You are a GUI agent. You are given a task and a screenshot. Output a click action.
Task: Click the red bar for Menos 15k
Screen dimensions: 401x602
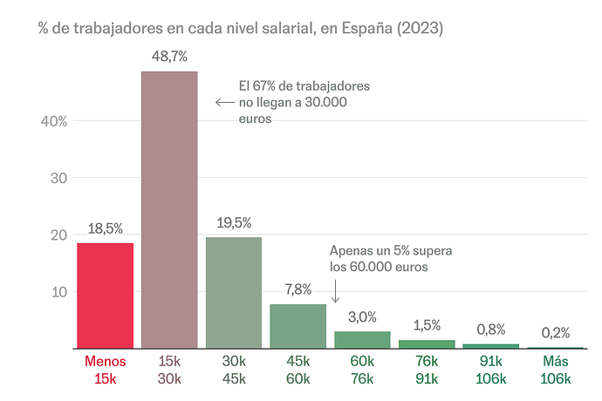point(105,296)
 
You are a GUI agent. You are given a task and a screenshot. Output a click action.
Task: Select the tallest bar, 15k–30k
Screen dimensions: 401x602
point(169,209)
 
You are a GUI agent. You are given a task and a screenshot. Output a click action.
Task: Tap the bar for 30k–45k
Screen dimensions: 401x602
point(234,292)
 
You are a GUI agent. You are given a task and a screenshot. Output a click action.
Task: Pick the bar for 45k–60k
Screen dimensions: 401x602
point(298,326)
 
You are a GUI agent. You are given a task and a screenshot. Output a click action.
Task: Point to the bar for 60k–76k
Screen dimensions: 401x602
point(362,340)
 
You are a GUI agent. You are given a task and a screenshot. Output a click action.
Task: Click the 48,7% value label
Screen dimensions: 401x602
point(169,57)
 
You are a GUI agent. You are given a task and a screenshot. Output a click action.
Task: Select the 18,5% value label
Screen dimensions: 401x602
point(105,228)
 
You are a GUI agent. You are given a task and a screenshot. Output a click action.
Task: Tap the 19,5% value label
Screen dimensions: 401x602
point(234,222)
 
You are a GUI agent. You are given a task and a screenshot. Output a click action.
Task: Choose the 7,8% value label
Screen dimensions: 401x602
point(298,289)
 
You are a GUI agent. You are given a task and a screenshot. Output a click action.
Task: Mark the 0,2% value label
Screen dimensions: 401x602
point(556,332)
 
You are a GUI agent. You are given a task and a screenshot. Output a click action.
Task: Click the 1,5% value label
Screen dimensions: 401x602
point(427,325)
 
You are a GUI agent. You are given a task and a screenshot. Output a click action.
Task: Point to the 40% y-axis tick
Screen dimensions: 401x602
point(54,121)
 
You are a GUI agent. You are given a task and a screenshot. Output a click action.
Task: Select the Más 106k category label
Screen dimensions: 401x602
point(556,370)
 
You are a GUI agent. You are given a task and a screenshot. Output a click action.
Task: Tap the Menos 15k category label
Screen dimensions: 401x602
point(105,370)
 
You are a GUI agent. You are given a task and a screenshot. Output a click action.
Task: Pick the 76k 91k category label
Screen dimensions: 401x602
point(427,370)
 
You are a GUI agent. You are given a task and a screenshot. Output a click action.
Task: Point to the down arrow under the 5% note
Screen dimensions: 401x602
point(335,295)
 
